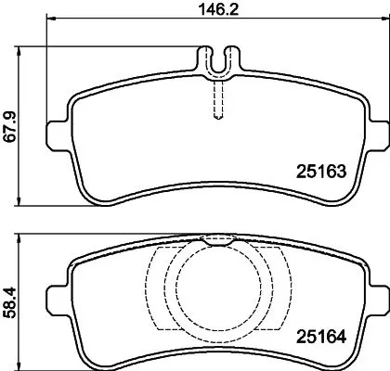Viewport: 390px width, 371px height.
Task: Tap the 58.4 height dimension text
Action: click(x=10, y=294)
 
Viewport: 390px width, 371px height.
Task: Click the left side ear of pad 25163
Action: click(x=58, y=129)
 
